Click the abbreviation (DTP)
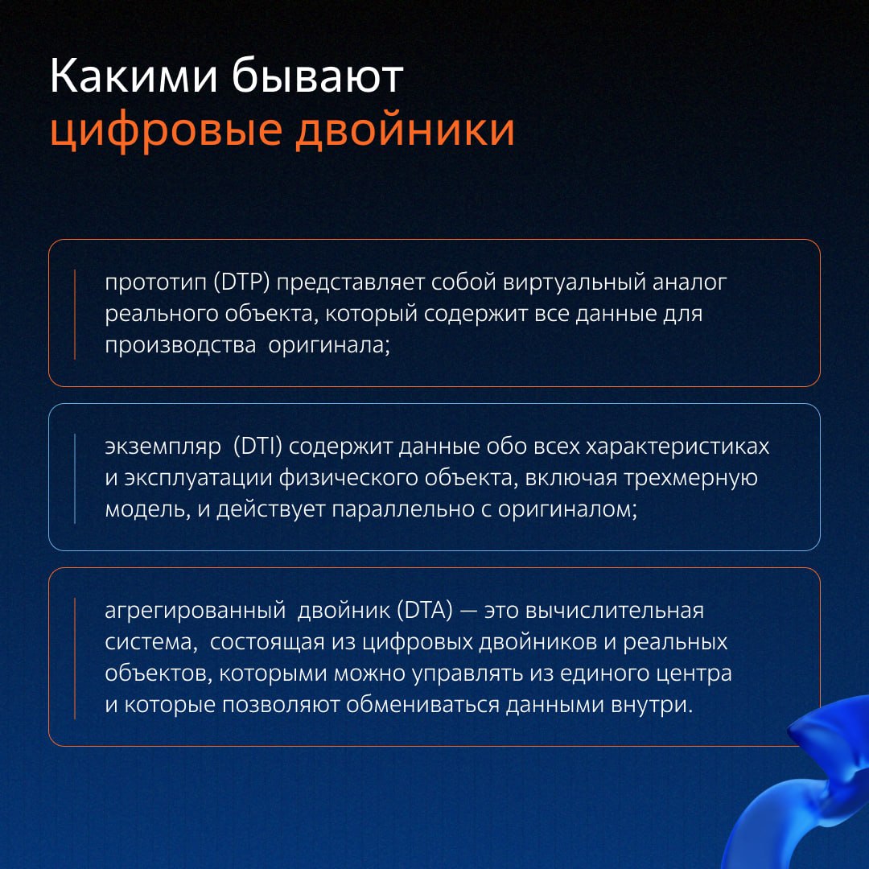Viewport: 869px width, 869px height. coord(241,282)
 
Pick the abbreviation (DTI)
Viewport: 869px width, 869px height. coord(257,446)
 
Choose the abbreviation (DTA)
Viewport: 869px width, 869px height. coord(425,610)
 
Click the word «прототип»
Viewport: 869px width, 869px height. coord(156,283)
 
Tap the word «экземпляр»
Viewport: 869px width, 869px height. coord(163,447)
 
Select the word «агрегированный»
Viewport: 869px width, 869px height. coord(195,612)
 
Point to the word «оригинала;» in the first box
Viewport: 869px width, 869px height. coord(329,346)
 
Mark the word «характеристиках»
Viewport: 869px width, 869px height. coord(677,447)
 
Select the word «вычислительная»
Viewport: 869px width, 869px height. coord(614,611)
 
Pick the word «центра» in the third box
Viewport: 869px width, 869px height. coord(694,674)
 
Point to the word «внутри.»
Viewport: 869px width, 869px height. coord(652,704)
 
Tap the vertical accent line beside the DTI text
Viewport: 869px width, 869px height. coord(75,478)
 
